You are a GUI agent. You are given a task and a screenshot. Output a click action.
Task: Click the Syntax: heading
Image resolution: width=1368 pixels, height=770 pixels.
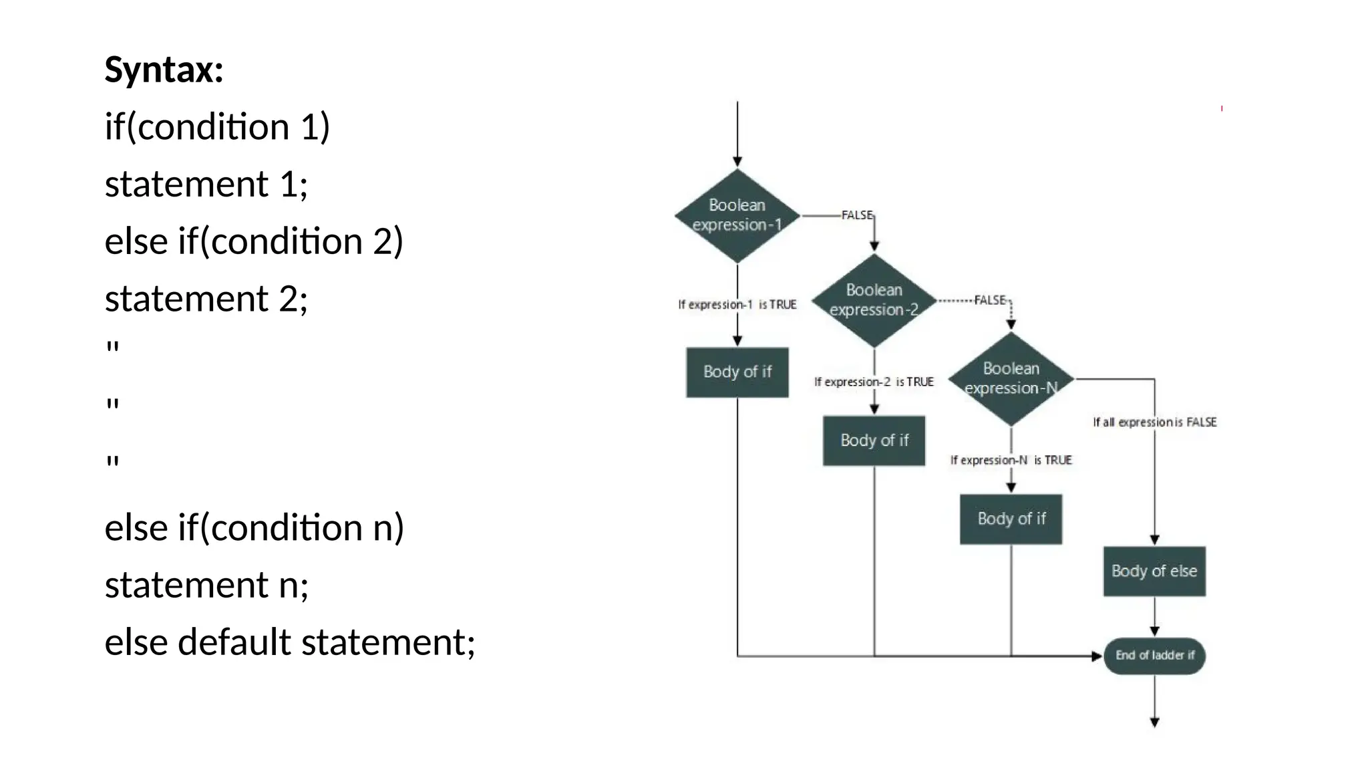[164, 70]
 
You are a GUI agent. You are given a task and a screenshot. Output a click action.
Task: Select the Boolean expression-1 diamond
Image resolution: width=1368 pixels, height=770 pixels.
[737, 215]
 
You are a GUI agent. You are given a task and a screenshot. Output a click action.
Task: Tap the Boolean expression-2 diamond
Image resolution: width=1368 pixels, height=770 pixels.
[874, 300]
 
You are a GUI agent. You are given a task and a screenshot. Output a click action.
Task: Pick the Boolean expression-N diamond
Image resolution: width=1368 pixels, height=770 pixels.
[1011, 379]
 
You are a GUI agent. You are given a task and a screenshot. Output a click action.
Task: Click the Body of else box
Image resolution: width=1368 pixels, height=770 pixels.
[1154, 571]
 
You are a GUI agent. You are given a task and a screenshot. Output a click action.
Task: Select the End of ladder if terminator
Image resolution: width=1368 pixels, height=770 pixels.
[1154, 656]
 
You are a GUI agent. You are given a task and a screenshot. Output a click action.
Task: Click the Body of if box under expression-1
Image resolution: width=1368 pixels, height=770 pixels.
[737, 372]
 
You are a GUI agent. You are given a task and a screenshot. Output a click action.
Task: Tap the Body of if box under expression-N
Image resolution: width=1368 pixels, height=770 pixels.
[1011, 519]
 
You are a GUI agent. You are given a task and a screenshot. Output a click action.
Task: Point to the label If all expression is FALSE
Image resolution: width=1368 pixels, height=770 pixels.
[1154, 422]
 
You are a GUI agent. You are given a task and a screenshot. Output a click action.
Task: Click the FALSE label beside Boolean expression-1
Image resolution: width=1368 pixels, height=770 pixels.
[857, 215]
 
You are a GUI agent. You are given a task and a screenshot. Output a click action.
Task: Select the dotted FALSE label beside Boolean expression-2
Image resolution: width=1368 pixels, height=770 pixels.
[990, 300]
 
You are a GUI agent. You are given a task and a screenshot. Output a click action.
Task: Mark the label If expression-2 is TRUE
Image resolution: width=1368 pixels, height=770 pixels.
[874, 382]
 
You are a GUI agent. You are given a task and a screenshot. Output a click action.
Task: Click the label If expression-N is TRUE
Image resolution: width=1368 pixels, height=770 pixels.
[1011, 461]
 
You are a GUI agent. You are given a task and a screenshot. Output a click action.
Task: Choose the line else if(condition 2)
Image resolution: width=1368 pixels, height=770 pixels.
[254, 241]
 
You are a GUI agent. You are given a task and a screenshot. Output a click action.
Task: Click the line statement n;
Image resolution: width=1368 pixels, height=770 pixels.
[206, 585]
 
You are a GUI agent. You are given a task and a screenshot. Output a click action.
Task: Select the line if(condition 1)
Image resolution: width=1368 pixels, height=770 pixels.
[217, 127]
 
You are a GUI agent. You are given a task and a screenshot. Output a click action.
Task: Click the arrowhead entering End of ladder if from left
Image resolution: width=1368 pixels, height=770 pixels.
[1096, 656]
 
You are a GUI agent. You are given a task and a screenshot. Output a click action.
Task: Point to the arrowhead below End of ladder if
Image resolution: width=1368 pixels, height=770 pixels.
[1154, 723]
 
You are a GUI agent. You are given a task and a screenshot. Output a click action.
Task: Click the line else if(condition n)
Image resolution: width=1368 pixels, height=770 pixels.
[254, 528]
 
